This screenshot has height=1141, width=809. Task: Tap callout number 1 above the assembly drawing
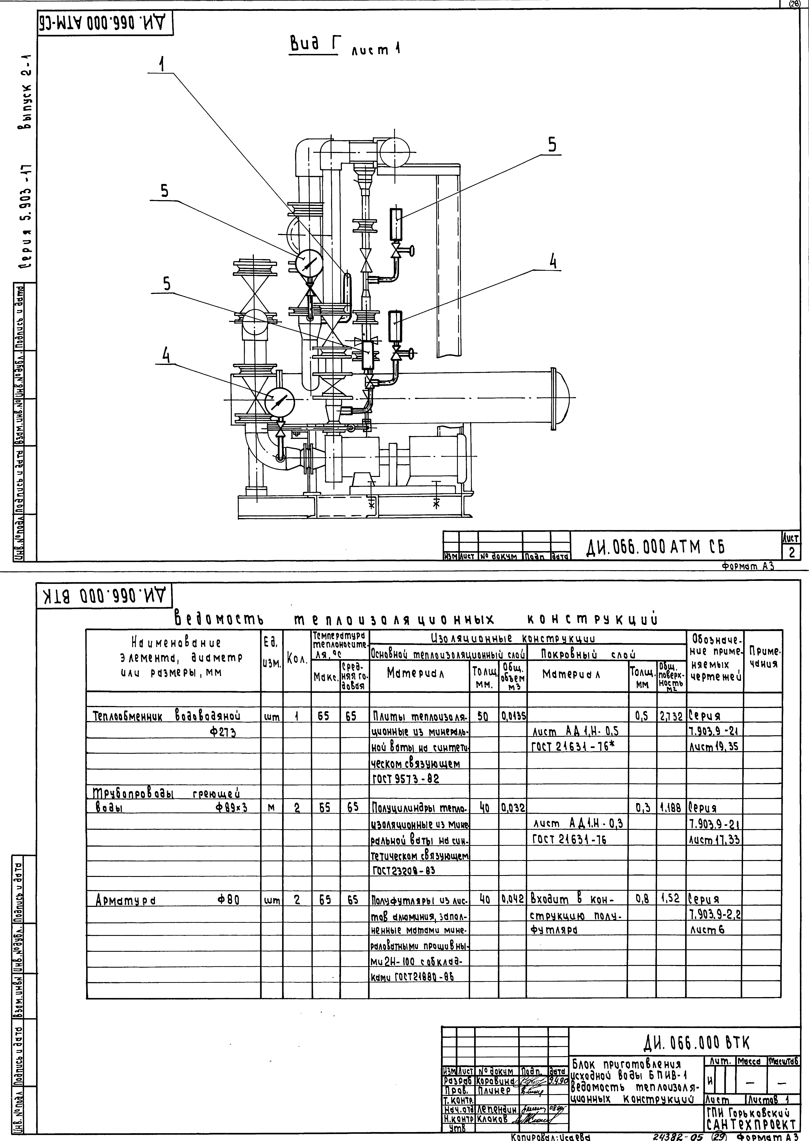(161, 64)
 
